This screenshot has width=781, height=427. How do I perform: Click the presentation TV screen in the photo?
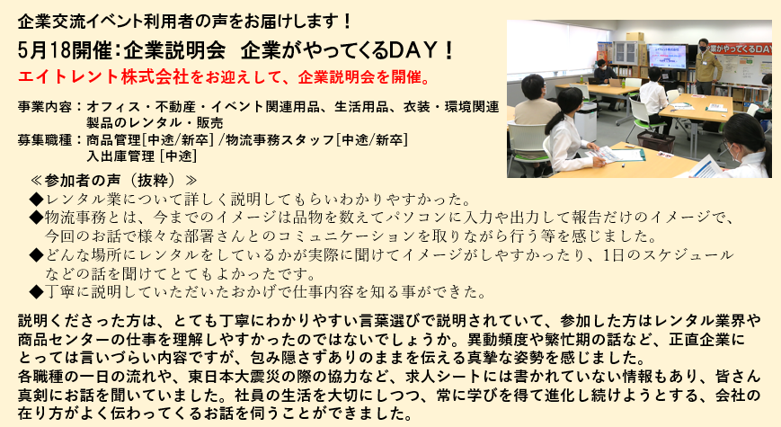[668, 57]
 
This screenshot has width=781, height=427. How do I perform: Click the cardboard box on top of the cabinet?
[635, 36]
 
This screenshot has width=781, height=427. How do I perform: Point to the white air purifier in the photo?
[586, 120]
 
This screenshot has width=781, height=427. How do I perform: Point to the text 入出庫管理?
[120, 156]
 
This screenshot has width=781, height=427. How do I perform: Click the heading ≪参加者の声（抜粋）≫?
[113, 180]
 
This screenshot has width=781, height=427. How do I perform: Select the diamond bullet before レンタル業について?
[36, 200]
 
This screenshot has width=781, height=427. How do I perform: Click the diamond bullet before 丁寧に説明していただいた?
[36, 291]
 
